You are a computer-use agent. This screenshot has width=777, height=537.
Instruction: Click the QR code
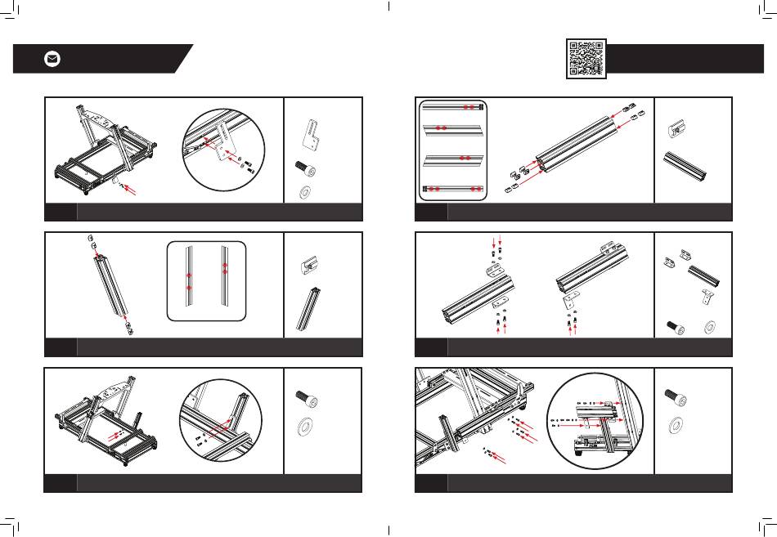tap(586, 58)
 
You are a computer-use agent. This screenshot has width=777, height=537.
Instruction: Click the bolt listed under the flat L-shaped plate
tap(307, 168)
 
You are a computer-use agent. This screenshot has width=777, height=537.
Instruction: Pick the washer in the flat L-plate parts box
tap(307, 193)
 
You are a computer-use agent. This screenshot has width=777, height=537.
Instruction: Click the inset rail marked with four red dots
tap(453, 188)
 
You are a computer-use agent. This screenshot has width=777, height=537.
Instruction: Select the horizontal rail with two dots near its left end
tap(453, 128)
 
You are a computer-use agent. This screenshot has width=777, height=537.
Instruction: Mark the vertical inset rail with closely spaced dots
tap(223, 278)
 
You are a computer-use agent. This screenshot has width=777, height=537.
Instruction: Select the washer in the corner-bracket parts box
tap(709, 327)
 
